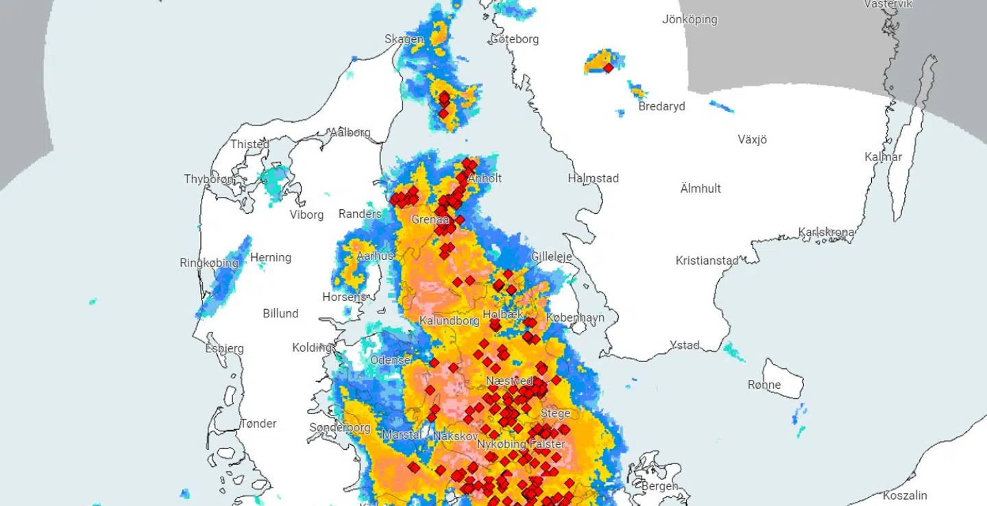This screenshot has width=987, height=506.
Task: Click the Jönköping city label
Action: click(690, 19)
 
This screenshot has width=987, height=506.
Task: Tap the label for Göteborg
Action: click(514, 39)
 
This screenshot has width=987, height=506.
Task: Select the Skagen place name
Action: click(404, 39)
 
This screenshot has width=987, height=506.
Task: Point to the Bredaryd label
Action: click(661, 106)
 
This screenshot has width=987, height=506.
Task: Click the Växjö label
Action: click(752, 139)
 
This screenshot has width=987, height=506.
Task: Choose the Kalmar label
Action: click(884, 157)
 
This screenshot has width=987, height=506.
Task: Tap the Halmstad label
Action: click(593, 178)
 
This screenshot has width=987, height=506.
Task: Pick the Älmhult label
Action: click(700, 189)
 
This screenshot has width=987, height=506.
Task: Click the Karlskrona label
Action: click(826, 232)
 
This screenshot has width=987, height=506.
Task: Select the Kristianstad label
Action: click(707, 261)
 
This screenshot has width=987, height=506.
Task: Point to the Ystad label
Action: click(685, 345)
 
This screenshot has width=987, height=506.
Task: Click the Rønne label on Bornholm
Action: click(764, 385)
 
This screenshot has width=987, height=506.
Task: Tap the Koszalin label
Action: click(905, 495)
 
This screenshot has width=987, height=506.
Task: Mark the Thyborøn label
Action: click(209, 179)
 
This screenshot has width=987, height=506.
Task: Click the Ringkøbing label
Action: click(209, 263)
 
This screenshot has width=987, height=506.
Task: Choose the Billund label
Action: click(280, 313)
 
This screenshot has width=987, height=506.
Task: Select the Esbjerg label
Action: click(224, 348)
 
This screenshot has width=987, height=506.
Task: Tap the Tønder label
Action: click(258, 423)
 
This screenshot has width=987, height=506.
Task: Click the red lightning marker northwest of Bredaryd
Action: click(608, 68)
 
